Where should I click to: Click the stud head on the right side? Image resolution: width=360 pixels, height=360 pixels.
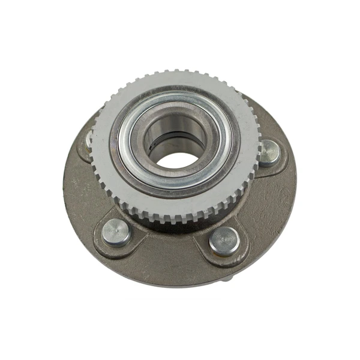click(268, 152)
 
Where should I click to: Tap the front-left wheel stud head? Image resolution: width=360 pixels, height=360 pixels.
click(116, 232)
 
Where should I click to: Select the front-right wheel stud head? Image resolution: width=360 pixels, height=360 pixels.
click(224, 241)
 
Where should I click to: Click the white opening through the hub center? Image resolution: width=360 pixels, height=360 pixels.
click(176, 160)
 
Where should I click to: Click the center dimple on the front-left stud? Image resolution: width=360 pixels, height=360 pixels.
click(116, 230)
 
